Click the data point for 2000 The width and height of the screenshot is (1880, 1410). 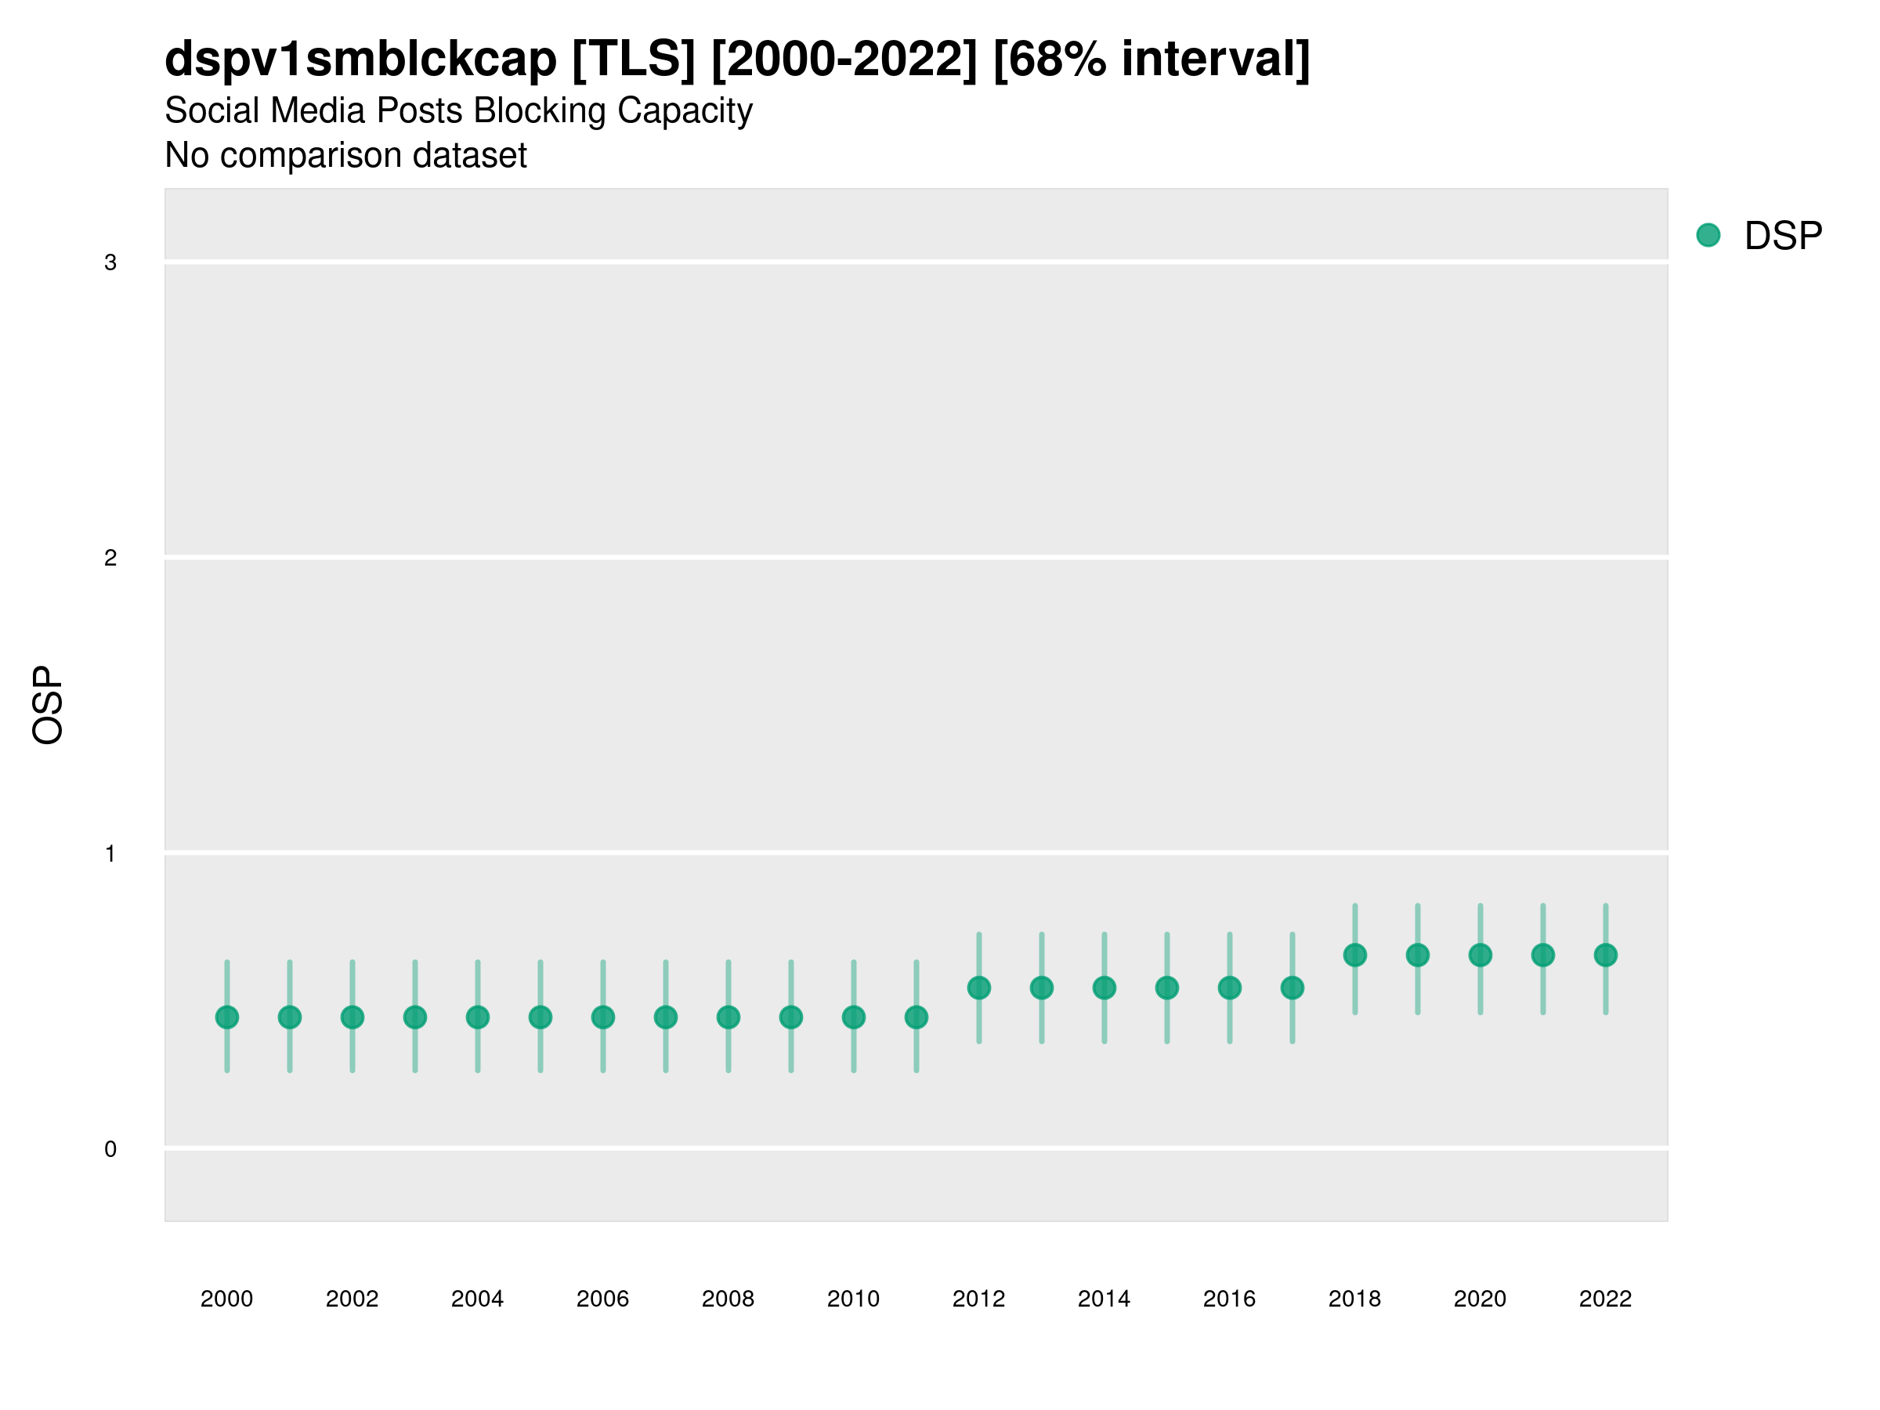tap(227, 1018)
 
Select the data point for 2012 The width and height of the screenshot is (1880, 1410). tap(979, 988)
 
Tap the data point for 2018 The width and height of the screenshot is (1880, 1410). tap(1354, 956)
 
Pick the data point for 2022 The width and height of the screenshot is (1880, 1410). tap(1606, 956)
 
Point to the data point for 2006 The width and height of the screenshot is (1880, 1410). tap(602, 1018)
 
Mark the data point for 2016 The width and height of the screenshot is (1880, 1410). tap(1230, 988)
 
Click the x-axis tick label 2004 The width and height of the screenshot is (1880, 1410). tap(478, 1299)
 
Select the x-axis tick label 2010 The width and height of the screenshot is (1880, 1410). tap(853, 1299)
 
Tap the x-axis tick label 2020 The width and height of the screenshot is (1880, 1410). tap(1480, 1299)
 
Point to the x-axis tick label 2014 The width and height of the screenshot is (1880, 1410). tap(1104, 1299)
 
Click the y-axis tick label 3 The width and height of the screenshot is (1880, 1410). tap(110, 262)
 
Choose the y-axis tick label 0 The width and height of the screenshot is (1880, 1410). tap(110, 1149)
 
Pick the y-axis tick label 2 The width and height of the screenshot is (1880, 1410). tap(110, 558)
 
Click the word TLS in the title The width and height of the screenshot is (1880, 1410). tap(634, 60)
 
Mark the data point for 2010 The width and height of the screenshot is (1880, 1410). tap(853, 1018)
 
